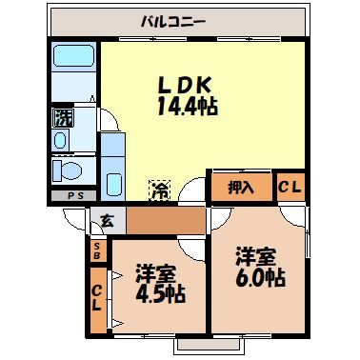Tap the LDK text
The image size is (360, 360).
tap(183, 83)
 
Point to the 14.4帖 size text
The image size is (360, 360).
tap(186, 107)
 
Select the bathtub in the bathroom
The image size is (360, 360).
tap(70, 64)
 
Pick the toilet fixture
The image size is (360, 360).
tap(68, 170)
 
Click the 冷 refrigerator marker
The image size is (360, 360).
tap(156, 189)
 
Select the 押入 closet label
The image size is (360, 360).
tap(240, 187)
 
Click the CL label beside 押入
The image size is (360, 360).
tap(290, 187)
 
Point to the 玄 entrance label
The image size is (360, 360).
tap(107, 222)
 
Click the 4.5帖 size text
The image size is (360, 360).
tap(159, 295)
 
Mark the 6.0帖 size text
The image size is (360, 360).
tap(259, 277)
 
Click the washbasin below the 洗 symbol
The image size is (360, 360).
tap(61, 141)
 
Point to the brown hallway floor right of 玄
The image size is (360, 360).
tap(162, 222)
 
